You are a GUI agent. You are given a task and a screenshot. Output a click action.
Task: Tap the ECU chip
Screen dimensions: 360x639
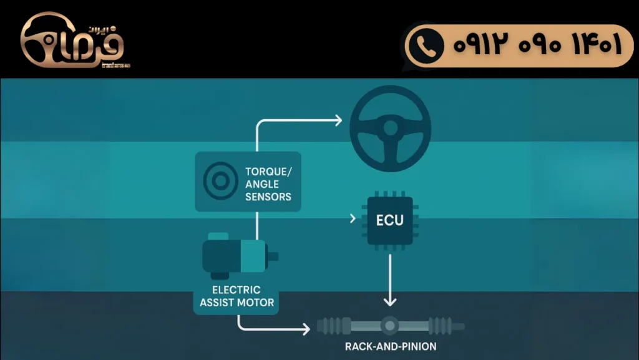point(390,220)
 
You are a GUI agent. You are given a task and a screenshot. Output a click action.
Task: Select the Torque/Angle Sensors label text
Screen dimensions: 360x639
point(268,183)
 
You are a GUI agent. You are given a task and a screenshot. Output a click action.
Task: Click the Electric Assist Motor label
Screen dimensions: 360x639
point(237,296)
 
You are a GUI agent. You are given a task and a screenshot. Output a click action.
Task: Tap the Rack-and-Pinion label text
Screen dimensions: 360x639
point(390,346)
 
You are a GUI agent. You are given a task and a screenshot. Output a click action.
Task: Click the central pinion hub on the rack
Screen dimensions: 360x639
point(390,326)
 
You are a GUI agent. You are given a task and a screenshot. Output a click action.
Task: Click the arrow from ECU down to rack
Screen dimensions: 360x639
point(390,281)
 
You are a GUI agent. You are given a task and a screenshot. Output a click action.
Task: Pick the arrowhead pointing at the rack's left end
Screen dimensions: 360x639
point(306,328)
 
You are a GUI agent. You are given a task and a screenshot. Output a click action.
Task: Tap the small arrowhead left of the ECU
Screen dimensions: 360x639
point(354,218)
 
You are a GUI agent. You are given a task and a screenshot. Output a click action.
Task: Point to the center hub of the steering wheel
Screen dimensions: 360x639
point(391,128)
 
